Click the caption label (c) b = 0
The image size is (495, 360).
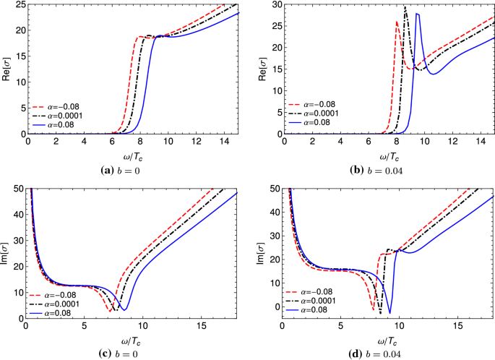coord(130,353)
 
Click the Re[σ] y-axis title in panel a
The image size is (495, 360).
coord(7,69)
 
